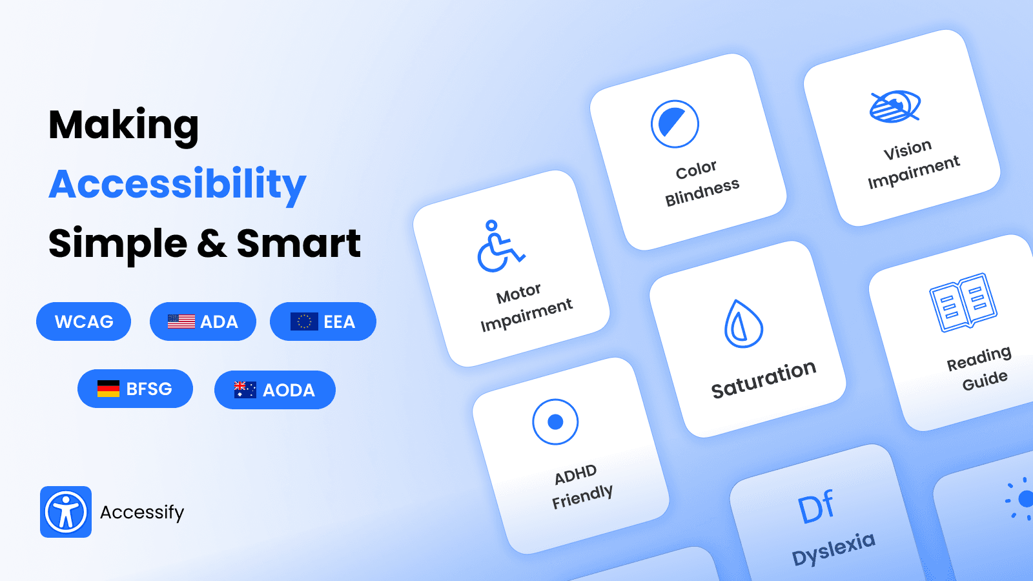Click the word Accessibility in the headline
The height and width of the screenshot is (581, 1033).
[x=178, y=185]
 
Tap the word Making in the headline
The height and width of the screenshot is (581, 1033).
[x=124, y=125]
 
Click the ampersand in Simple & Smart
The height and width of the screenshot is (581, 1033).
[x=212, y=244]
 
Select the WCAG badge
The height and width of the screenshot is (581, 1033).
[x=84, y=321]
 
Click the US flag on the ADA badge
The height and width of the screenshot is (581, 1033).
[x=181, y=321]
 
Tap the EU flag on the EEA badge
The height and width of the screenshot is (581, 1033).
[x=304, y=321]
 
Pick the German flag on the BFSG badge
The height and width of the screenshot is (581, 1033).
[x=108, y=389]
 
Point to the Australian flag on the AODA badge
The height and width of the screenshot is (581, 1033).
[x=245, y=390]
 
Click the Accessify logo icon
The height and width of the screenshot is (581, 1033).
[x=66, y=512]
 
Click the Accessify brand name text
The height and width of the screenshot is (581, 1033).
[x=142, y=513]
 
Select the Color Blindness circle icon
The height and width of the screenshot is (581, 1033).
[x=675, y=124]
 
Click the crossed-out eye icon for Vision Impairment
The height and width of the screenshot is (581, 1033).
[x=895, y=107]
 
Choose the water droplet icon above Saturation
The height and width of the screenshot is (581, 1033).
[x=743, y=324]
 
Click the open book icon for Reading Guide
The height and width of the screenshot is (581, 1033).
[x=963, y=303]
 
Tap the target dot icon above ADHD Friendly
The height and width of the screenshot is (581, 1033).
[x=555, y=422]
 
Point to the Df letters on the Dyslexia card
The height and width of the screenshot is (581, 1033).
[x=816, y=507]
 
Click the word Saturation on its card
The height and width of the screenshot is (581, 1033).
[x=764, y=380]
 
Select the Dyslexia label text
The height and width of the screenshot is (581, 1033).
[x=834, y=548]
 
